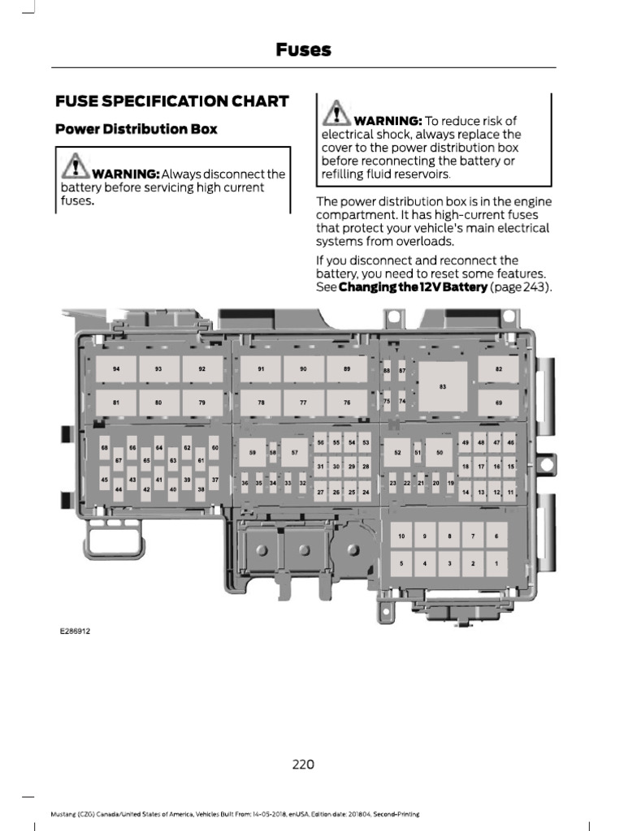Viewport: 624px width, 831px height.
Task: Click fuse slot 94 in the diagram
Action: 116,369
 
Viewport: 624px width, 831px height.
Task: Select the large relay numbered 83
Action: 443,385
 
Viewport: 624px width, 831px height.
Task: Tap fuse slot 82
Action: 499,369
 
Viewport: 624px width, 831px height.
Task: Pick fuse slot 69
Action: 499,403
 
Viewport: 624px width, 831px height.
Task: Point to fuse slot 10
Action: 401,536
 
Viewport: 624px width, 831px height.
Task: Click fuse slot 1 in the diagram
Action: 496,562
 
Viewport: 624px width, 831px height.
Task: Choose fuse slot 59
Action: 253,452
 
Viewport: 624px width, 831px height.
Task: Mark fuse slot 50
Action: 439,452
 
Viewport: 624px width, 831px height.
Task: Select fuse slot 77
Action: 303,403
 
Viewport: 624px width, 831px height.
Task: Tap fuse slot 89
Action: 346,369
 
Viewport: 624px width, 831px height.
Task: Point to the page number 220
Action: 302,764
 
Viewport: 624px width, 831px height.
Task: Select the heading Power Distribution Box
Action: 136,129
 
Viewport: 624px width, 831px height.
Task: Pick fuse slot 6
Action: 496,536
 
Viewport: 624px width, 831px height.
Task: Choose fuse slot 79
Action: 202,403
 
